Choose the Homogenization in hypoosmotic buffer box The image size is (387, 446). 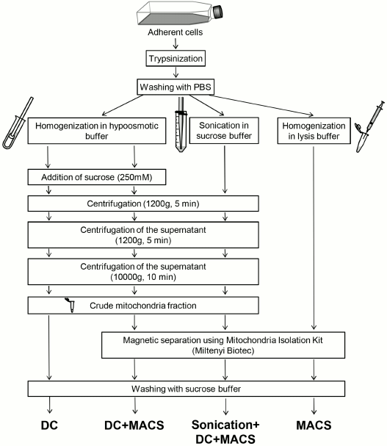90,125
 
